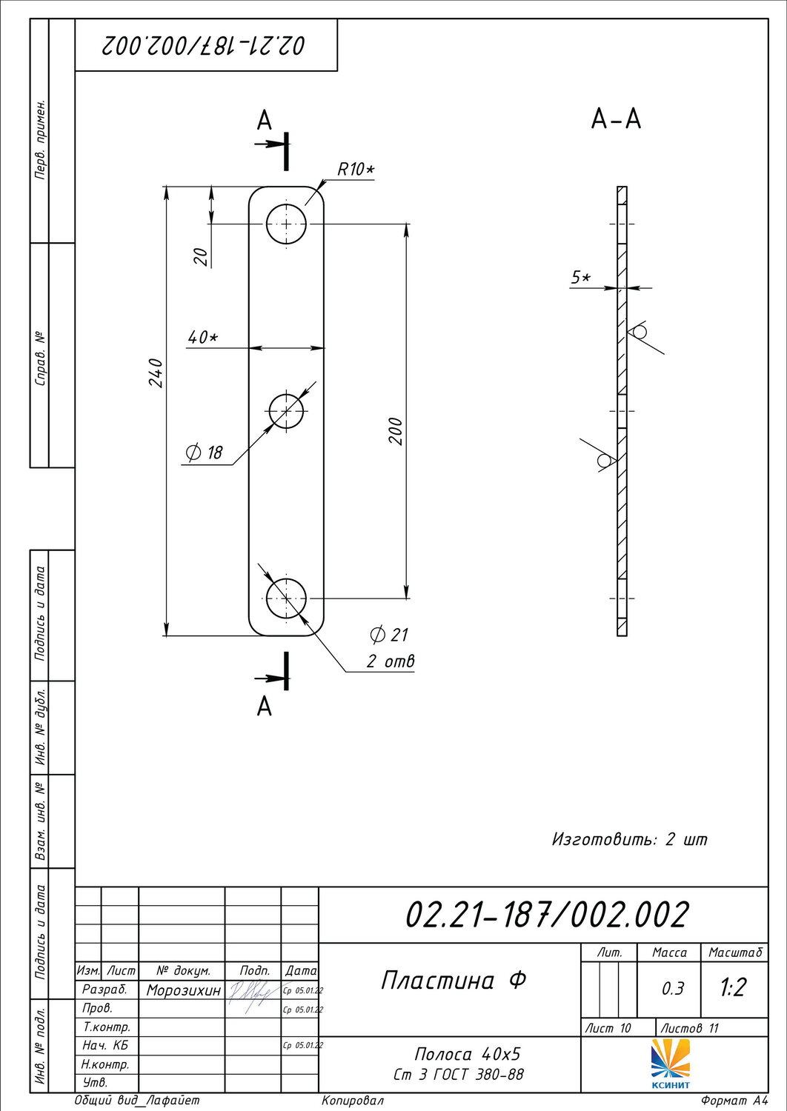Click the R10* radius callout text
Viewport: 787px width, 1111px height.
356,170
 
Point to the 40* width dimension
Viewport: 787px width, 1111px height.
203,338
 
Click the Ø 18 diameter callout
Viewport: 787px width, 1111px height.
204,453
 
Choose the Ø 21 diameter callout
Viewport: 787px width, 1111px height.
388,634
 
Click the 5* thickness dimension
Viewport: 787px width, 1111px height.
581,278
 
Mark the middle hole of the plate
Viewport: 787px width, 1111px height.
286,410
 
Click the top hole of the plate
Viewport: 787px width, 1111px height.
286,224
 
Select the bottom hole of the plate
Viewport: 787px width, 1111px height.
286,598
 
